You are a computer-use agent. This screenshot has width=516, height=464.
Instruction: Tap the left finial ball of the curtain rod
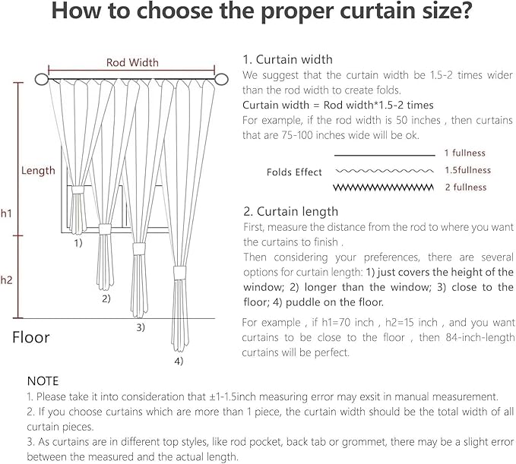click(41, 79)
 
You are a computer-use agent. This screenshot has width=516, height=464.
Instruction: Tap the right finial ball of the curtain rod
click(223, 79)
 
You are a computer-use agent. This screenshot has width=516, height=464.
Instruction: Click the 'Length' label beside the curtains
click(38, 171)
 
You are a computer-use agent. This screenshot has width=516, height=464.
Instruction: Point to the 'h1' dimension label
click(6, 215)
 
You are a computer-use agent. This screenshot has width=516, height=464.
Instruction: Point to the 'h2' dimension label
click(6, 280)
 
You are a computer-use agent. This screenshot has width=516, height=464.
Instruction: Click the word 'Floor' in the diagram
click(31, 337)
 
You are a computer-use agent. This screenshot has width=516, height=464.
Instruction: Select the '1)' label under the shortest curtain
click(78, 244)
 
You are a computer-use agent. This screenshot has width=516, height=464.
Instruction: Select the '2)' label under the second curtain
click(106, 298)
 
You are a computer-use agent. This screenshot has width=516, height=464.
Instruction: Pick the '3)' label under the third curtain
click(141, 327)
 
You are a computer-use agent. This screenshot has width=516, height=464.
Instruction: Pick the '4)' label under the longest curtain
click(178, 361)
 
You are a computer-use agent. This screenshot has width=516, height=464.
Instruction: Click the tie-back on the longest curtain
click(179, 273)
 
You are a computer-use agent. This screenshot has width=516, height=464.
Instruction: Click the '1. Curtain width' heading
click(287, 59)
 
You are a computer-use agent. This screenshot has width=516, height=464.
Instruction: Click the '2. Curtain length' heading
click(290, 212)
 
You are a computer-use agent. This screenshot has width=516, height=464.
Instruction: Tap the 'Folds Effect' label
click(294, 172)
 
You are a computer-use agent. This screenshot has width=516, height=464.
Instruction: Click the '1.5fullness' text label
click(467, 170)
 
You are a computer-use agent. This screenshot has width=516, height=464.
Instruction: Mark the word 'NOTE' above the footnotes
click(43, 380)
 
